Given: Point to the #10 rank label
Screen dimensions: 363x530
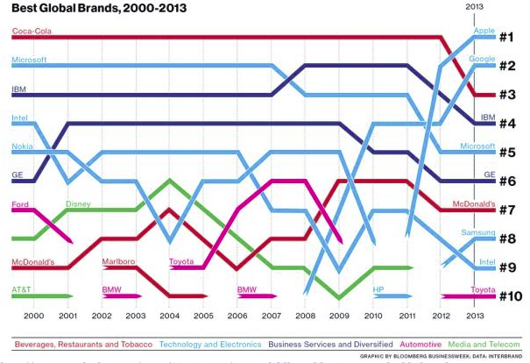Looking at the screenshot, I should coord(510,295).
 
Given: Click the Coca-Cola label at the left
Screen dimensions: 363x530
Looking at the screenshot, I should coord(32,32).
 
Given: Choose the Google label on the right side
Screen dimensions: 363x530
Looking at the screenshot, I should coord(483,60).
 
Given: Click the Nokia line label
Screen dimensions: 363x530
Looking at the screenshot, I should coord(24,146).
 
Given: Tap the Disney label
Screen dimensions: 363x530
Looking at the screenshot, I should coord(80,204).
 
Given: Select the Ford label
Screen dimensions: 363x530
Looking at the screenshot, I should coord(22,204).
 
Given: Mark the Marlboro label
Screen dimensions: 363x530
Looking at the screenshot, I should coord(117,261).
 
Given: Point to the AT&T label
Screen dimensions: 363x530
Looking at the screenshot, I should coord(23,289).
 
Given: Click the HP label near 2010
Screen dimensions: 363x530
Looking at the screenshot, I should coord(378,289).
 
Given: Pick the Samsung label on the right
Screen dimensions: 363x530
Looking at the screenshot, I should coord(479,232).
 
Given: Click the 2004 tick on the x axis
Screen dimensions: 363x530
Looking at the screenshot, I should coord(168,315).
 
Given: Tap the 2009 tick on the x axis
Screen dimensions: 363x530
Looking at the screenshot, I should coord(340,315).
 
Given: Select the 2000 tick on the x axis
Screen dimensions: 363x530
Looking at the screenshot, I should coord(33,315).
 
